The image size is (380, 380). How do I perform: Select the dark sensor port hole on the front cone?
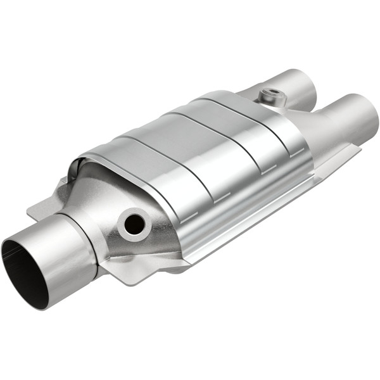[x=134, y=223]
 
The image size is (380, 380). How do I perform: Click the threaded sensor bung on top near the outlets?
[x=270, y=96]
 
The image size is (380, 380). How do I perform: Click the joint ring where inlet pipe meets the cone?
[x=89, y=244]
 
